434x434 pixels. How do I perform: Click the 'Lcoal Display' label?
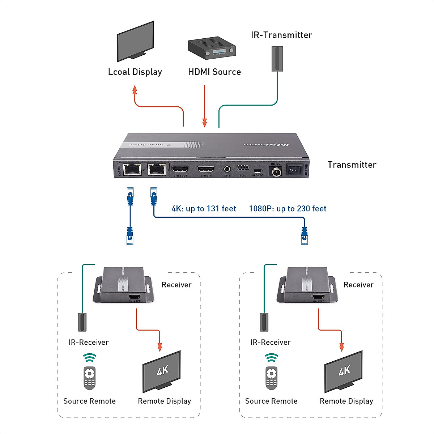(135, 72)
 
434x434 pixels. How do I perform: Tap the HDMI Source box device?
(212, 48)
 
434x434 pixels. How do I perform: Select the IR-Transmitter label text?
(281, 35)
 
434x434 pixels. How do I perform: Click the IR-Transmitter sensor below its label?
(277, 59)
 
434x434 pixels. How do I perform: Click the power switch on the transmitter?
(294, 169)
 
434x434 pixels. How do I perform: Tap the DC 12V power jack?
(276, 171)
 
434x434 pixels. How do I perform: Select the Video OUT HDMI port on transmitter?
(180, 169)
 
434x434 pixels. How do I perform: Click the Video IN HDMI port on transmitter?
(206, 169)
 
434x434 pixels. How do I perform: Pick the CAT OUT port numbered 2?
(132, 169)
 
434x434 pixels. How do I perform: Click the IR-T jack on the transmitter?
(227, 169)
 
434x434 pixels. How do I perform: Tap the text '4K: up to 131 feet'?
(204, 209)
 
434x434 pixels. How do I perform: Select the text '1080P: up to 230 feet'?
(288, 209)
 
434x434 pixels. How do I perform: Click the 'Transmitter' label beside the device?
(352, 165)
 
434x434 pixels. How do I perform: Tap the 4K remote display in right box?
(344, 371)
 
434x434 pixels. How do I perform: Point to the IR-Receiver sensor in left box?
(82, 322)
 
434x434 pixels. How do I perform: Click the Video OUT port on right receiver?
(318, 297)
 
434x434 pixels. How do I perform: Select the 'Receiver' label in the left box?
(176, 285)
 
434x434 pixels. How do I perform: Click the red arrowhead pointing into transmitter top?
(205, 123)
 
